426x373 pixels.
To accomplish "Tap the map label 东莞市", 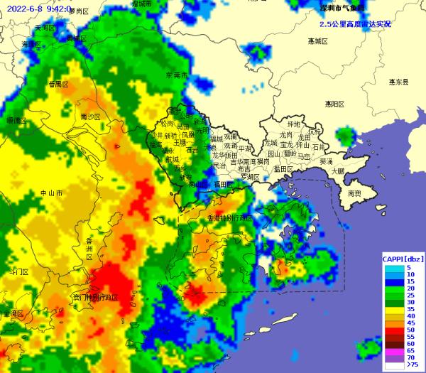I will pos(175,75).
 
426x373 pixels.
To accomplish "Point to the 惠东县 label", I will pos(398,82).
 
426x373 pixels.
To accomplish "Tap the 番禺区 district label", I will pos(58,84).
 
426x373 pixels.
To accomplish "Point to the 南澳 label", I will pos(354,193).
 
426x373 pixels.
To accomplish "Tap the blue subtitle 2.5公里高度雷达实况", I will pos(354,23).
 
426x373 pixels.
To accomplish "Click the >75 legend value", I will pos(413,364).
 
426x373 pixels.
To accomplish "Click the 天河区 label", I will pos(45,27).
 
